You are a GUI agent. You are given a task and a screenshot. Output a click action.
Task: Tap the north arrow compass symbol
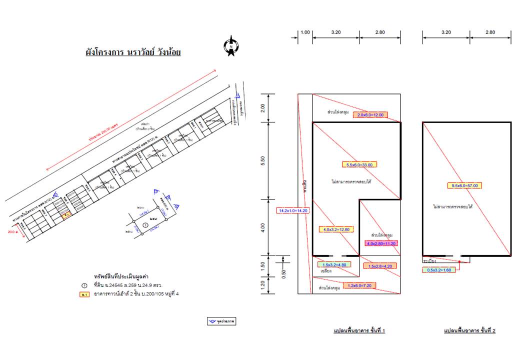click(231, 46)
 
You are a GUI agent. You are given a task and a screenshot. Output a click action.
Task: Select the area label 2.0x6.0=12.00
click(370, 115)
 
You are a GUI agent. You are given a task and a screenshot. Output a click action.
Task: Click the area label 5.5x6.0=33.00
click(359, 164)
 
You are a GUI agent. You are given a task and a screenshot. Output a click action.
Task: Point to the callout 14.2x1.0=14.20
click(293, 210)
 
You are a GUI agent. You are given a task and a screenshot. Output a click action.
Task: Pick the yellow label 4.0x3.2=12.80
click(336, 229)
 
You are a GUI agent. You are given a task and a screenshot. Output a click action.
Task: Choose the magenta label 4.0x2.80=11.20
click(381, 243)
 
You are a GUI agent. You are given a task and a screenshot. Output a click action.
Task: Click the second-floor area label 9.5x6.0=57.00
click(465, 185)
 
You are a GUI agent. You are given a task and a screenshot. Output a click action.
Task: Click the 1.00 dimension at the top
click(305, 32)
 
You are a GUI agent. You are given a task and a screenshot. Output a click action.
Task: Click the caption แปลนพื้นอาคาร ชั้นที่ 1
click(359, 331)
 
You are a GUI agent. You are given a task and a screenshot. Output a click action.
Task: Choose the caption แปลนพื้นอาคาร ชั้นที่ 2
click(469, 331)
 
